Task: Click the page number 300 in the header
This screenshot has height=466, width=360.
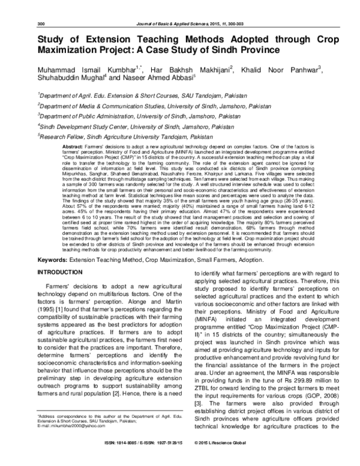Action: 41,23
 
